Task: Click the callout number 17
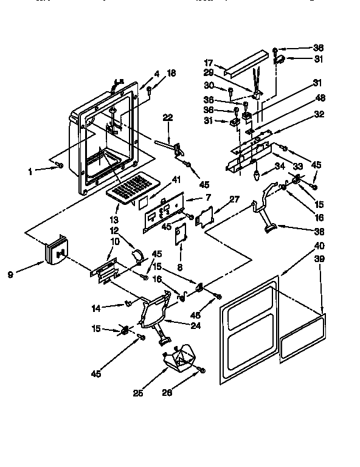pos(208,62)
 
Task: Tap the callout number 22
pos(168,117)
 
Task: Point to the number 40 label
pos(319,247)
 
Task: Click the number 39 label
pos(319,260)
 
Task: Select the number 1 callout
pos(30,171)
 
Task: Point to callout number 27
pos(234,198)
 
